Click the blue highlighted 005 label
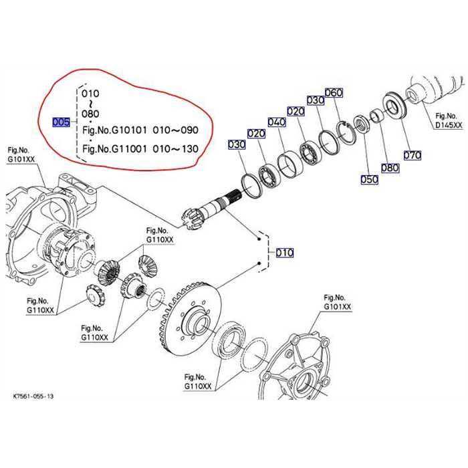(61, 122)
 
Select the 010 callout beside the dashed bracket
(284, 253)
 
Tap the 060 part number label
(333, 92)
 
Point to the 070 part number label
(413, 156)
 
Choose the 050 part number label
(368, 179)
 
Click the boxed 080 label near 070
(390, 168)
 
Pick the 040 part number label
(277, 122)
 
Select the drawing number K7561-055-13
(33, 396)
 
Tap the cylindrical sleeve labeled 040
(289, 163)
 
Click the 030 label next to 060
(315, 100)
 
